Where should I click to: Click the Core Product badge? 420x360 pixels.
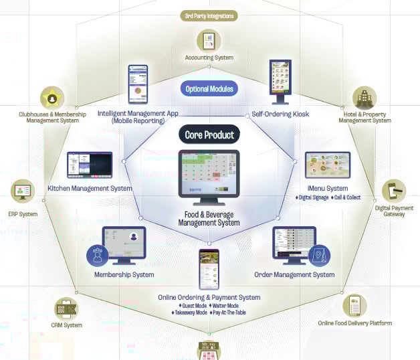(x=209, y=134)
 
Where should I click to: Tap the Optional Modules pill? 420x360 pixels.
(x=209, y=88)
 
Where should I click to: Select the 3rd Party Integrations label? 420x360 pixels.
(x=210, y=15)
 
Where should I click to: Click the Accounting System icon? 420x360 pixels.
(x=209, y=39)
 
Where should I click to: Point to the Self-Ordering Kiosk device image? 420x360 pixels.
(x=280, y=83)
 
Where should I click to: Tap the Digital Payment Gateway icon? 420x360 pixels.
(x=394, y=191)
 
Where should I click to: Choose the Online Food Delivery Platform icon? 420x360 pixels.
(x=354, y=306)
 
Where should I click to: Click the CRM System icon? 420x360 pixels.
(x=67, y=310)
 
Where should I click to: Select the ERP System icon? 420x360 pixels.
(x=23, y=192)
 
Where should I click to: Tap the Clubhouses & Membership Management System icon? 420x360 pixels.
(x=52, y=98)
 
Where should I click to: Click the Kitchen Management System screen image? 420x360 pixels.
(x=89, y=165)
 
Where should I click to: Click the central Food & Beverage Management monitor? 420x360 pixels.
(x=209, y=173)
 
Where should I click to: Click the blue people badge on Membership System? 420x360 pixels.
(x=98, y=254)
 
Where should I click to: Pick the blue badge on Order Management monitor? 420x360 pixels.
(x=319, y=256)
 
